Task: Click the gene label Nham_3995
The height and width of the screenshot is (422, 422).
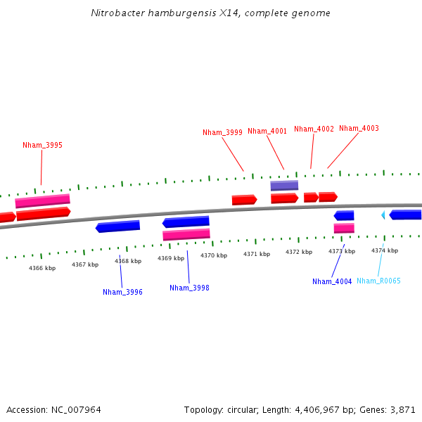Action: (x=42, y=145)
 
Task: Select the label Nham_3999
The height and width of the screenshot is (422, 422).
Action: (x=222, y=132)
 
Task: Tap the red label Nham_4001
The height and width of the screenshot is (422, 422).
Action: (x=267, y=131)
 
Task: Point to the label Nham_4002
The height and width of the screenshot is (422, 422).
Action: (x=314, y=129)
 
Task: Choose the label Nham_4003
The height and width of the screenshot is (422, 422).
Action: (x=359, y=128)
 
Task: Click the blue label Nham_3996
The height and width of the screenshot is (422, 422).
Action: (x=122, y=292)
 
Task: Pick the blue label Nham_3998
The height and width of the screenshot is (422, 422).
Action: (x=189, y=288)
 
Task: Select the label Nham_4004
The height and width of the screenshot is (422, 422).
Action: (x=332, y=281)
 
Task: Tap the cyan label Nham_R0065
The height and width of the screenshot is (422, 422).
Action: (x=378, y=281)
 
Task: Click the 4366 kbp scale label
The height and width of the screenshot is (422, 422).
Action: (x=42, y=268)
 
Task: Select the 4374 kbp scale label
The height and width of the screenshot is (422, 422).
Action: (x=385, y=250)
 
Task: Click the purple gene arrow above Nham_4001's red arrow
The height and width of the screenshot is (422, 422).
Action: (x=284, y=186)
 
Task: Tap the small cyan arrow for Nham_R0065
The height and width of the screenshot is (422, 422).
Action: (x=383, y=215)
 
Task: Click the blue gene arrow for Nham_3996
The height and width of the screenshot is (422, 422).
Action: (x=118, y=226)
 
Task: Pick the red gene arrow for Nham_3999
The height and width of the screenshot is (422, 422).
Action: (x=244, y=200)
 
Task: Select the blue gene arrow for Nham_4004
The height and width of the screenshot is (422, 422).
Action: (x=344, y=215)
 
